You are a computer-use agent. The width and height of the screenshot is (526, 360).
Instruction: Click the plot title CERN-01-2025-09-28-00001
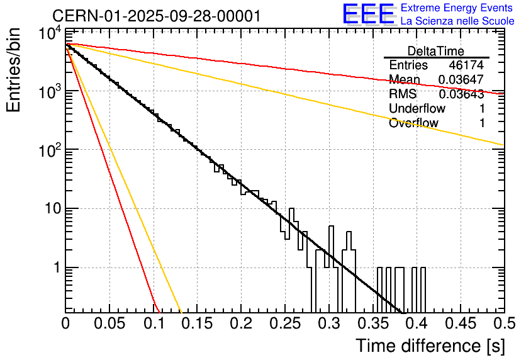coord(156,16)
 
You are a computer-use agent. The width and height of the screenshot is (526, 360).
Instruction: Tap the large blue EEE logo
coord(368,14)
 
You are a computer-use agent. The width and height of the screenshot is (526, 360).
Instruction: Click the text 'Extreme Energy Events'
coord(457,8)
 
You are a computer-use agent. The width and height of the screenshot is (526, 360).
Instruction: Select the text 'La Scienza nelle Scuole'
coord(457,21)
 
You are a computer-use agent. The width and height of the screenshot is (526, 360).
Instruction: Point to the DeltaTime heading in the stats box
coord(436,51)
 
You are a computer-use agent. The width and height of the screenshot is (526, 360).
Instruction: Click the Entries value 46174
coord(466,65)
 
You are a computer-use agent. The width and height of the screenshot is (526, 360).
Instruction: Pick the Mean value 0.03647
coord(461,80)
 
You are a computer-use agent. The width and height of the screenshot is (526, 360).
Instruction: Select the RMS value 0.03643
coord(461,94)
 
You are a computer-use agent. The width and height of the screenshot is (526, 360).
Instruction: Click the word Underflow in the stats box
coord(417,109)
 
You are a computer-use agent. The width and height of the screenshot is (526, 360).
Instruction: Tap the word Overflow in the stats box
coord(413,123)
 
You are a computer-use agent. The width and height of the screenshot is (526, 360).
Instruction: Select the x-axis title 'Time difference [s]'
coord(430,346)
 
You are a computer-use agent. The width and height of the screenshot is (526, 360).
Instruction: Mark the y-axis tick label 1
coord(55,267)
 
